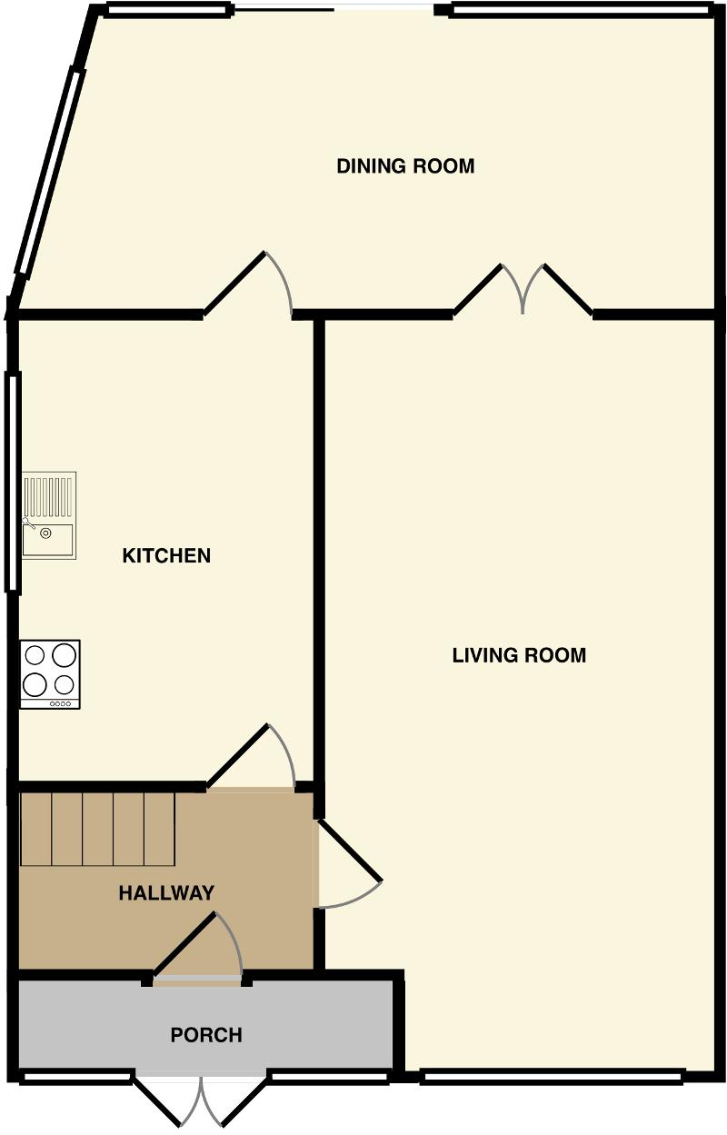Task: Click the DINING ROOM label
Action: pos(405,166)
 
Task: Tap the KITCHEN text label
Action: pos(166,555)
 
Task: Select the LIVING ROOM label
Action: pos(519,654)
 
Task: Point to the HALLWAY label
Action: pos(166,893)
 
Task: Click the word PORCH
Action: pos(206,1035)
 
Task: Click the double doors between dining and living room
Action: pos(523,289)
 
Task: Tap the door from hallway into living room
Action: pos(347,863)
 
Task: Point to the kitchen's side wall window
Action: pos(13,482)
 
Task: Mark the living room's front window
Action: pos(552,1078)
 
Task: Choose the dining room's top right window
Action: pos(580,11)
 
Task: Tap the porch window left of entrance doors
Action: pos(76,1078)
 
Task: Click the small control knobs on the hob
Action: pos(61,703)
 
